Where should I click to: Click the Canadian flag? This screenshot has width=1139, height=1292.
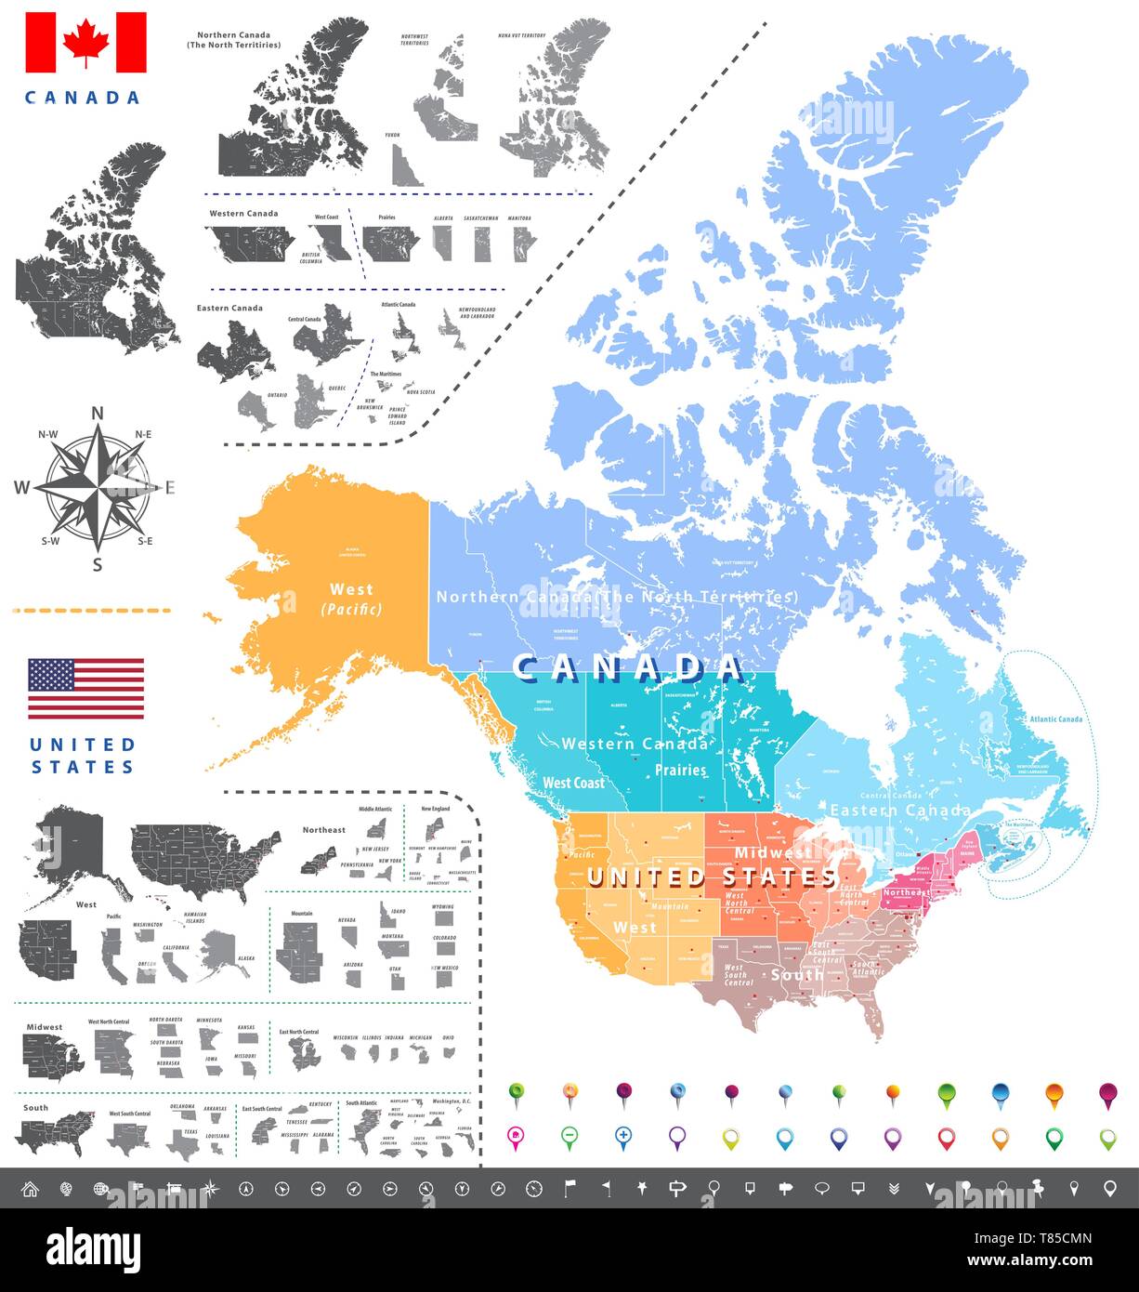86,42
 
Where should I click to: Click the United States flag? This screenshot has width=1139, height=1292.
85,689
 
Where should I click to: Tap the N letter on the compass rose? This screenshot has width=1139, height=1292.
97,415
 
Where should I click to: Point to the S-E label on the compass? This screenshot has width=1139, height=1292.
145,541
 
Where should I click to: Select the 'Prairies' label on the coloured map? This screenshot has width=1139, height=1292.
680,770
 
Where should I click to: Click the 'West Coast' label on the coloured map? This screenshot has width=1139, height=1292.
573,783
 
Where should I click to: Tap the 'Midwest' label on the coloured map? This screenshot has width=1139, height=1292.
773,852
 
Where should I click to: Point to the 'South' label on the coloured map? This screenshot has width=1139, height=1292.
796,974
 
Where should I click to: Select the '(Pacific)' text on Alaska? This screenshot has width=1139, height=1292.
351,610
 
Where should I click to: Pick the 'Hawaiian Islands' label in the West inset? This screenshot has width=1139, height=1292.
195,917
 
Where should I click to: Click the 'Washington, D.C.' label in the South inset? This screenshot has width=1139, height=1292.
453,1101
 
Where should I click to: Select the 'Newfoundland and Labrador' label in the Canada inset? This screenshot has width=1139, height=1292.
477,312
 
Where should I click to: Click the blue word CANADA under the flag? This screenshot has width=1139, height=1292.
83,97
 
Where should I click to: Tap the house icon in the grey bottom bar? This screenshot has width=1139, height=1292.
30,1188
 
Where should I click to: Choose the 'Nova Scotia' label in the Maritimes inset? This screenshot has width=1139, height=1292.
421,391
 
